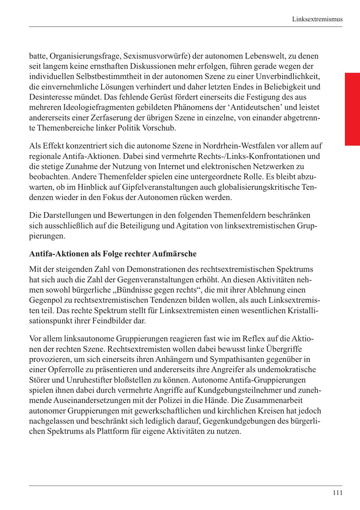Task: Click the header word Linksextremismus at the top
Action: [317, 19]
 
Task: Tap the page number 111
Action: [337, 493]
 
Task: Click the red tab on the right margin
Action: [352, 109]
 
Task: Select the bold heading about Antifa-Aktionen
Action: [113, 254]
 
